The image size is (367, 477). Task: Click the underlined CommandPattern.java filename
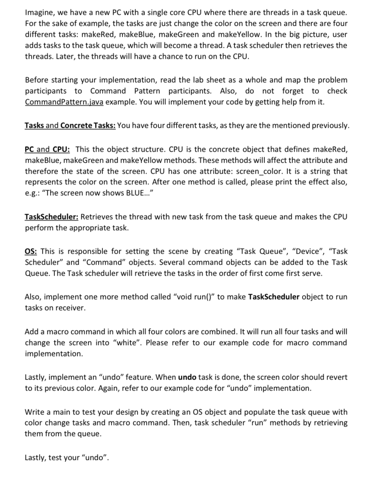(x=64, y=102)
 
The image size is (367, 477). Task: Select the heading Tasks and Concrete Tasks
(x=70, y=126)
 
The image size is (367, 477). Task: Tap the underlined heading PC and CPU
(x=49, y=149)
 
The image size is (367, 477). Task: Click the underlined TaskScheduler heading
(x=51, y=217)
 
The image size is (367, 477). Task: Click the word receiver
(x=71, y=308)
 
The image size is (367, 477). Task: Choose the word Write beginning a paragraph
(x=34, y=412)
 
